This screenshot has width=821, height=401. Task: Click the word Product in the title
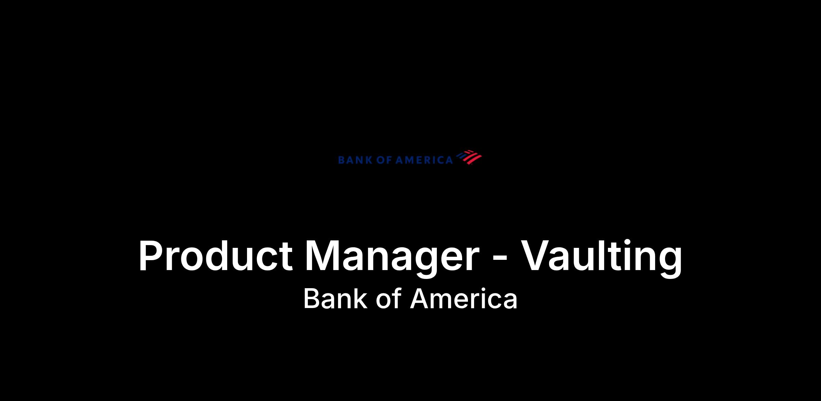[216, 255]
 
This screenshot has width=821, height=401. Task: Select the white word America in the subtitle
[464, 298]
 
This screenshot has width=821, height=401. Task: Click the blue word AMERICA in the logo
[424, 160]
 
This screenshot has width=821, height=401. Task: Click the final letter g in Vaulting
[670, 263]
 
